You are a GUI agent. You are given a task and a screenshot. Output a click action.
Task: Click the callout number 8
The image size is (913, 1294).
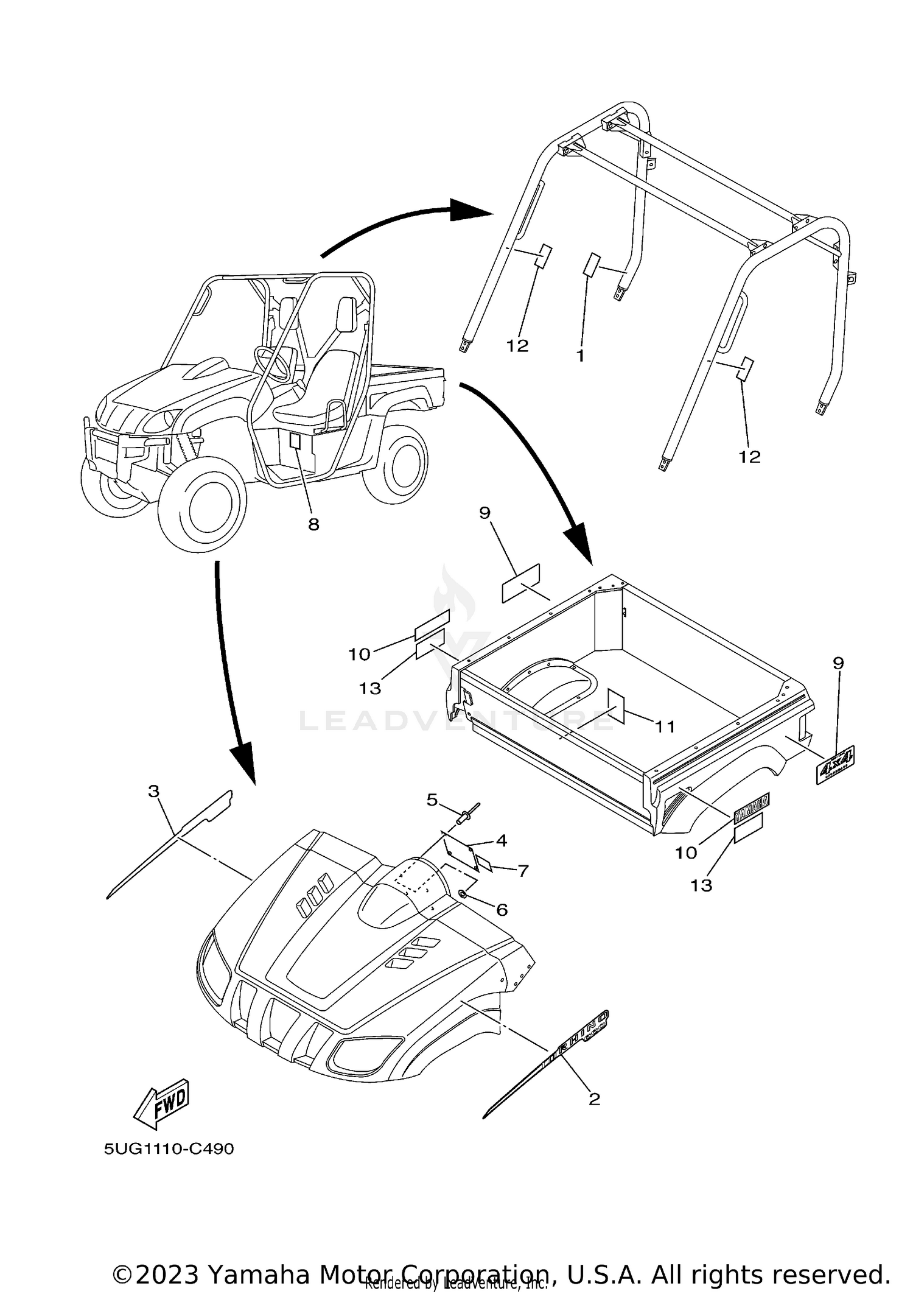[313, 524]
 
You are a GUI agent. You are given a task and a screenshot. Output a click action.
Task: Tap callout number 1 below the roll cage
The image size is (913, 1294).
[581, 356]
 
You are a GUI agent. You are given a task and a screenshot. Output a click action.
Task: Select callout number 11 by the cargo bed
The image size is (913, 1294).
[665, 726]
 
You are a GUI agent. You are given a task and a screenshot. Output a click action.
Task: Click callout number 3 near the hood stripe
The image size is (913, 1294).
[153, 791]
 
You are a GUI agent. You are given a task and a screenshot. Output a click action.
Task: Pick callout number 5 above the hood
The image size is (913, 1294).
[432, 800]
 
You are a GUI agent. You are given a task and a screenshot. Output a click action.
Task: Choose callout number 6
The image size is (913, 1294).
[502, 910]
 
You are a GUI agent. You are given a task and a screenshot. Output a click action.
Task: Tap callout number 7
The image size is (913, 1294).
[523, 871]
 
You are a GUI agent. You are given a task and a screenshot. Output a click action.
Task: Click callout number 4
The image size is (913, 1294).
[501, 841]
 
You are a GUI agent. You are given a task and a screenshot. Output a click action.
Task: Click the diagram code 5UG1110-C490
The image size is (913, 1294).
[169, 1149]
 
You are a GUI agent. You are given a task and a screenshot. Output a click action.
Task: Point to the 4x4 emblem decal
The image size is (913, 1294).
[835, 764]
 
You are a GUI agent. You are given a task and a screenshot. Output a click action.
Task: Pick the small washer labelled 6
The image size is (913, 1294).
[463, 894]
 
